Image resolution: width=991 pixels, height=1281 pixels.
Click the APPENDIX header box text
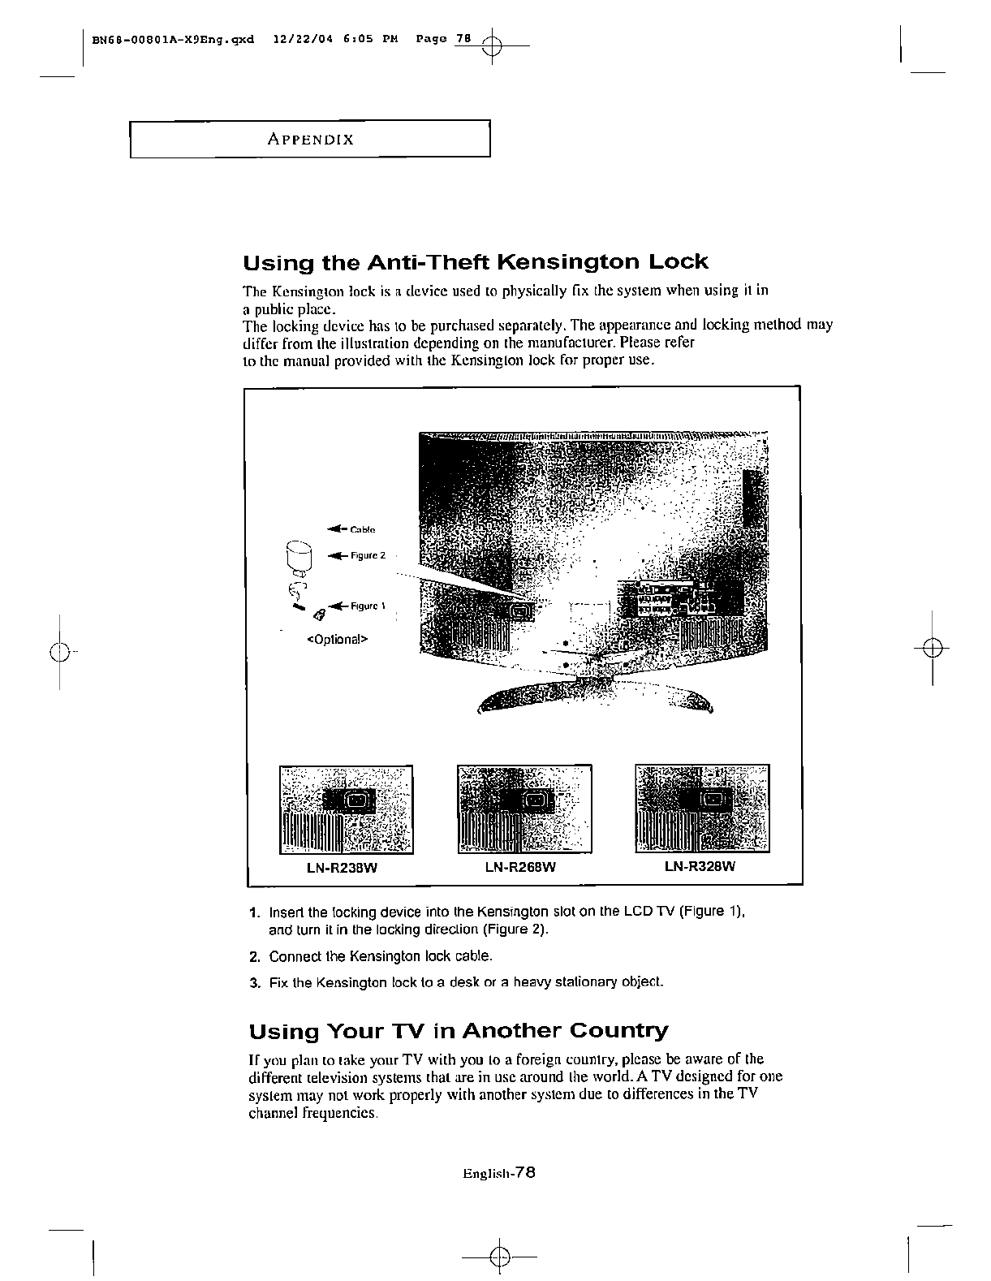[x=310, y=139]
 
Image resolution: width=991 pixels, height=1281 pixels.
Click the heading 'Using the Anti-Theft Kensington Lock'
[x=476, y=262]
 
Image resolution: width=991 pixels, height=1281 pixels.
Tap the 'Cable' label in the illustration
[x=362, y=529]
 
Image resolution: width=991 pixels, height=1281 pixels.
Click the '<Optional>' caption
[x=337, y=639]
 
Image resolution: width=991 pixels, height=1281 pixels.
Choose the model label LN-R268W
[x=520, y=867]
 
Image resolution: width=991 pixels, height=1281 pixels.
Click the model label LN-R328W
[x=700, y=866]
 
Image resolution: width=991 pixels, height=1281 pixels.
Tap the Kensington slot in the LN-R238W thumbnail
[x=356, y=801]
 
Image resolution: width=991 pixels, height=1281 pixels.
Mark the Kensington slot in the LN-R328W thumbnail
[x=712, y=801]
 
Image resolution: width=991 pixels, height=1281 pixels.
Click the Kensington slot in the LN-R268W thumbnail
[x=533, y=801]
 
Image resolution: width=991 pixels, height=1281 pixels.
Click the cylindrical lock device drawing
[x=300, y=559]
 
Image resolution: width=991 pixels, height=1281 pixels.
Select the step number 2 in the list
[x=255, y=956]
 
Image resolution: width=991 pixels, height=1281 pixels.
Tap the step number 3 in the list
[x=255, y=983]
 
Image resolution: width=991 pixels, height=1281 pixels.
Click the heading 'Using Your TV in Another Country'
[x=458, y=1032]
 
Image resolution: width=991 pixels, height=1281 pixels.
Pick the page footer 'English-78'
[x=498, y=1172]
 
